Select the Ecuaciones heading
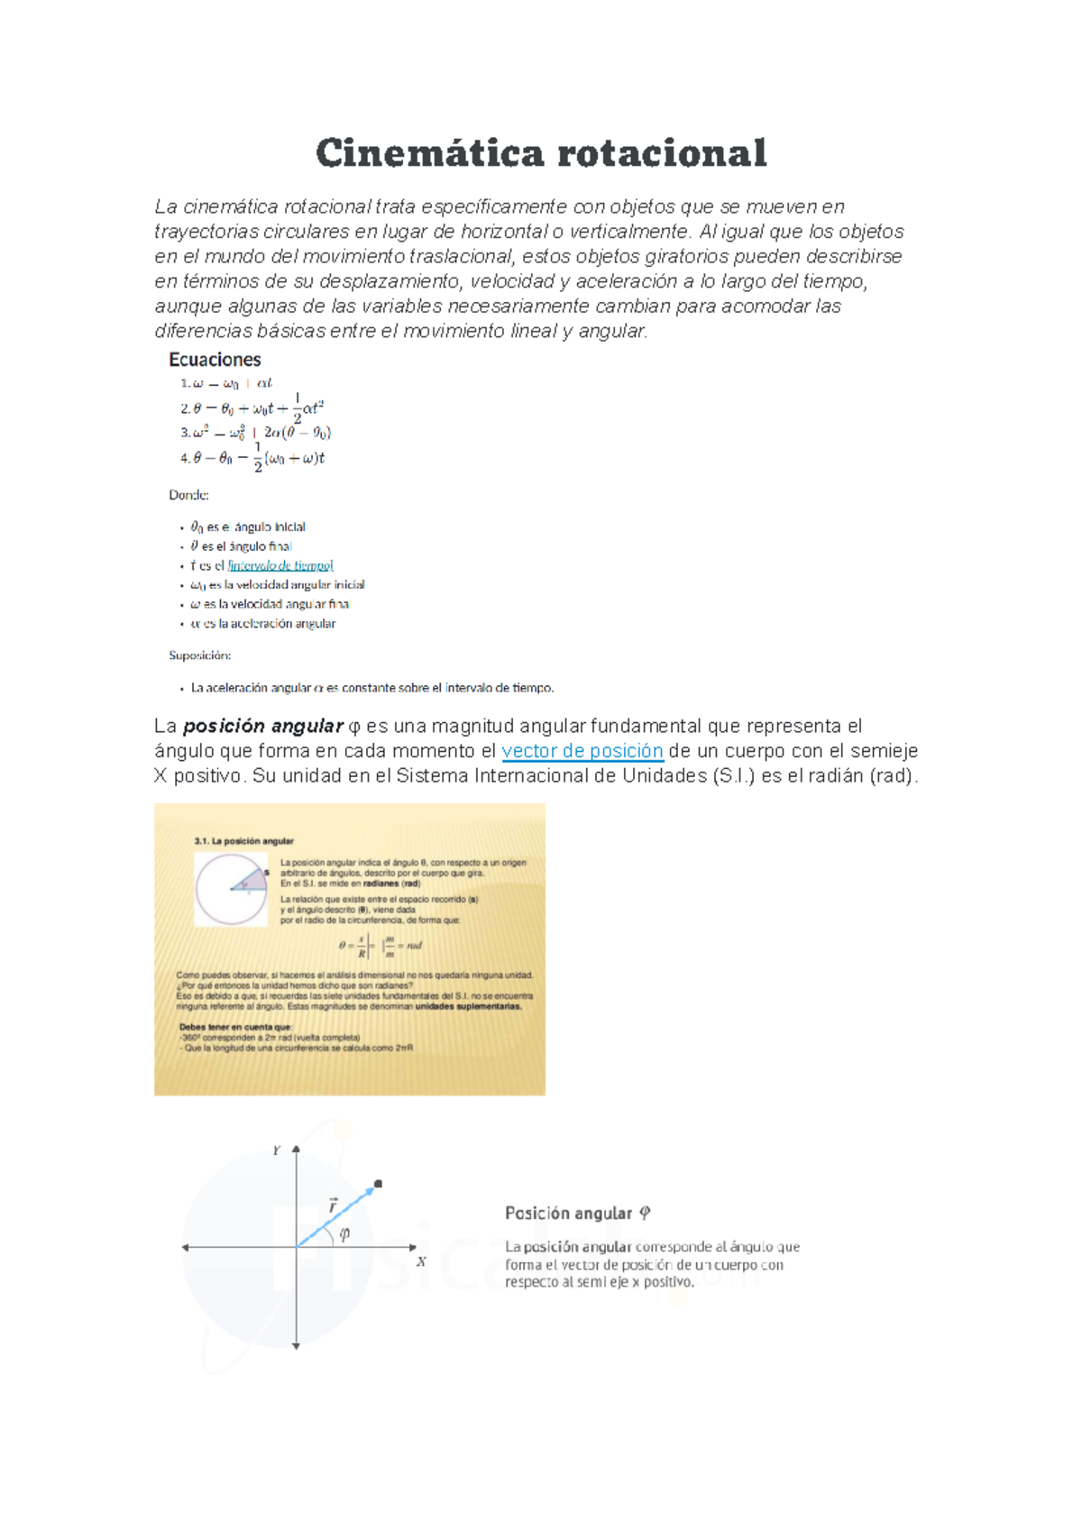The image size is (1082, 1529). coord(215,360)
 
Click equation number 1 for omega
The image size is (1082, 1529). coord(225,383)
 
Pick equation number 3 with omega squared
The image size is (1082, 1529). coord(255,433)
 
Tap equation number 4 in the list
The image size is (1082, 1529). coord(252,458)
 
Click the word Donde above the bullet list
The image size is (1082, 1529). coord(188,495)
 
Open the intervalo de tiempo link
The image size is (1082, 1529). coord(280,565)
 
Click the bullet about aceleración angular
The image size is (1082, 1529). coord(262,624)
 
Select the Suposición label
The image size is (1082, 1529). coord(199,655)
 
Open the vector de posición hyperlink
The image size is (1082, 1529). coord(582,751)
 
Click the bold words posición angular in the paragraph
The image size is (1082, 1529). coord(262,727)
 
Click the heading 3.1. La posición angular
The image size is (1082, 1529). coord(243,841)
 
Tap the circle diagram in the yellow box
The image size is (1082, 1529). coord(232,889)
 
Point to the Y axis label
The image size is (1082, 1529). coord(277,1151)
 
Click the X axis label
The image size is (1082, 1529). coord(421,1262)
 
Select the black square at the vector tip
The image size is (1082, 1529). coord(378,1184)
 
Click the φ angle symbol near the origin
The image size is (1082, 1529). coord(344,1233)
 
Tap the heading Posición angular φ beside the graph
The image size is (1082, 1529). coord(577,1213)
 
